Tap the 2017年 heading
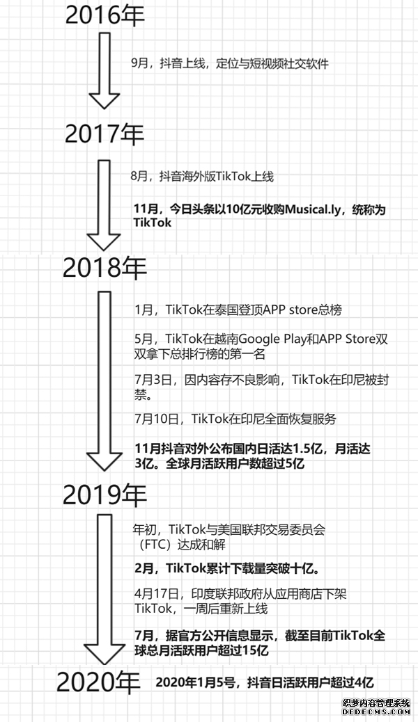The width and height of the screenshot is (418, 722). point(104,134)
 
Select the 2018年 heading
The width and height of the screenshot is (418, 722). point(104,268)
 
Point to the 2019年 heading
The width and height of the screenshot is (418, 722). point(104,494)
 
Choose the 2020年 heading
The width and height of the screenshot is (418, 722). point(99,682)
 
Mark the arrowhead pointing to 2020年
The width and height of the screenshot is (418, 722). point(104,654)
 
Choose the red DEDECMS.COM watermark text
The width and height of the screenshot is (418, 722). point(376,712)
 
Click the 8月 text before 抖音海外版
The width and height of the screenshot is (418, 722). point(139,176)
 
